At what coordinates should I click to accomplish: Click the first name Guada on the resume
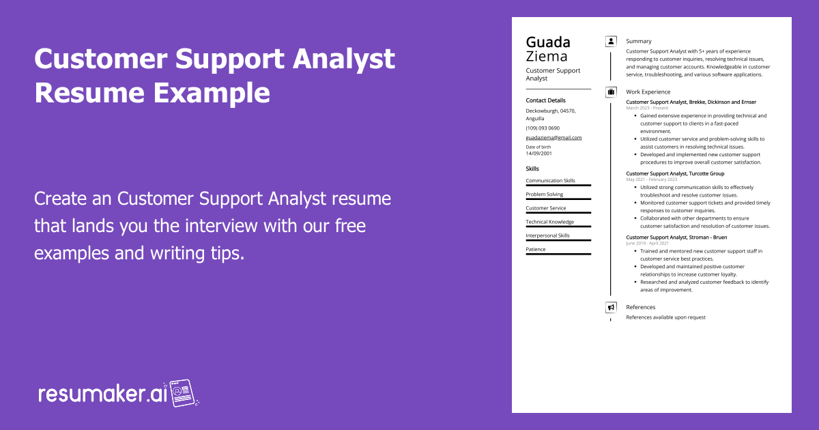pos(548,42)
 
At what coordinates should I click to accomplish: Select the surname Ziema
pos(546,56)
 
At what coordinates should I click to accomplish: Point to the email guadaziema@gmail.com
pos(554,137)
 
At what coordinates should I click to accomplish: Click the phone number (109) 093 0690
pos(542,128)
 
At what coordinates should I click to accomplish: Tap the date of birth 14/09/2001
pos(538,154)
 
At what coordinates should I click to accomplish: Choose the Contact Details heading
pos(545,100)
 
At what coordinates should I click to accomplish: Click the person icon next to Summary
pos(611,41)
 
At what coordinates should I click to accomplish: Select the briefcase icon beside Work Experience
pos(611,91)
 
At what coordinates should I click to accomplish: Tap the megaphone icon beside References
pos(611,307)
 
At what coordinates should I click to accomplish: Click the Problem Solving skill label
pos(544,195)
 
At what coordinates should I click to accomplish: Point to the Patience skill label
pos(535,249)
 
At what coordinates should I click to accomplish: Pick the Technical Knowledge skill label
pos(549,222)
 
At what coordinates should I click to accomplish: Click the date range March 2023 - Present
pos(647,108)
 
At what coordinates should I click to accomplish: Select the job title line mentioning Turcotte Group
pos(675,173)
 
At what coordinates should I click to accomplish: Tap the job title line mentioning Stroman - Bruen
pos(676,237)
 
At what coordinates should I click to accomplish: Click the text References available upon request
pos(665,317)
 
